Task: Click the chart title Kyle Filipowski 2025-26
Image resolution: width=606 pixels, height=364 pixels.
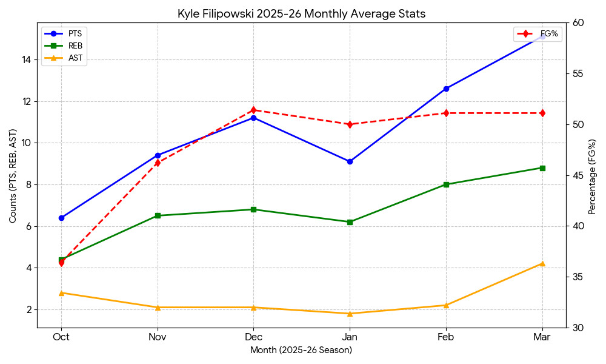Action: click(x=302, y=13)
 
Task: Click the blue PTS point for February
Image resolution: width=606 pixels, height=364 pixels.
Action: click(x=446, y=89)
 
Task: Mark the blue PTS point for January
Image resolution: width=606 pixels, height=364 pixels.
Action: click(x=350, y=161)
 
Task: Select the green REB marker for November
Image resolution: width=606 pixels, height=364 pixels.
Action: click(x=158, y=215)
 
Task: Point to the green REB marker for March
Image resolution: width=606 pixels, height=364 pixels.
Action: click(x=542, y=168)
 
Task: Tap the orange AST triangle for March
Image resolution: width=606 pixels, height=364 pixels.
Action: click(x=542, y=263)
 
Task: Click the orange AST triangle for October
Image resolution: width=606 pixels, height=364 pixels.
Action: click(x=61, y=293)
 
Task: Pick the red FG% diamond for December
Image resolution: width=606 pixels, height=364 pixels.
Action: click(x=253, y=110)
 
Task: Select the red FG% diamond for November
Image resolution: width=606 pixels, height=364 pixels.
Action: click(x=158, y=163)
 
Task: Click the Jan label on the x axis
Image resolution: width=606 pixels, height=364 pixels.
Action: click(x=350, y=337)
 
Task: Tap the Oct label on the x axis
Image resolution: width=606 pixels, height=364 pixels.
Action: click(x=61, y=337)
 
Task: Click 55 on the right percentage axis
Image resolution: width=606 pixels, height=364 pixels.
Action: click(x=578, y=73)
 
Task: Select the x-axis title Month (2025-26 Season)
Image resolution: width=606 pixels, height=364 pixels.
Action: click(x=301, y=350)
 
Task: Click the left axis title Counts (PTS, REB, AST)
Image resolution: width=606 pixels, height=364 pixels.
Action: click(x=13, y=175)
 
